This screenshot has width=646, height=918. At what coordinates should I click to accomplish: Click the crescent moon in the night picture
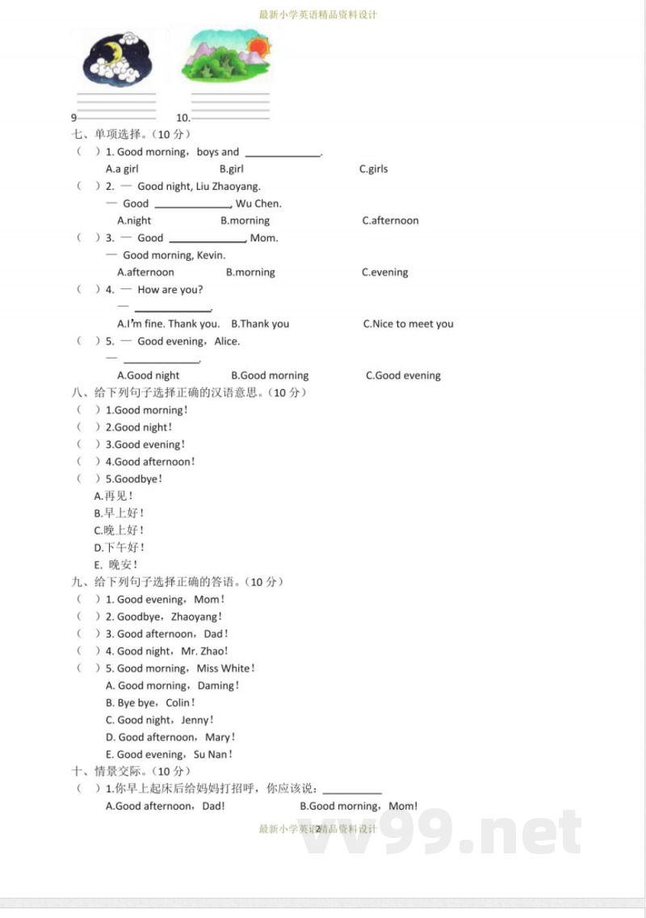point(114,55)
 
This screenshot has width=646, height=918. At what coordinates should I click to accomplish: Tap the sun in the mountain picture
point(258,46)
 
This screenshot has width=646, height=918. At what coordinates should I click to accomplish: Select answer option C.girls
point(373,169)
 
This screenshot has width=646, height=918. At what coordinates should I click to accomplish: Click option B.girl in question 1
point(231,169)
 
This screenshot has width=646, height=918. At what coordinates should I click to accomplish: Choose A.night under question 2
point(134,220)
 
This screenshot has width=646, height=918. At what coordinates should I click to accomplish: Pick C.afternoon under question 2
point(390,220)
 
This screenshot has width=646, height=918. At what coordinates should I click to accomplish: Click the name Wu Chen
point(258,203)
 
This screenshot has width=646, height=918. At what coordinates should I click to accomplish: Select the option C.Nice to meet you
point(408,324)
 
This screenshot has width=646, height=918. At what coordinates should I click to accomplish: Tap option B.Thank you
point(260,324)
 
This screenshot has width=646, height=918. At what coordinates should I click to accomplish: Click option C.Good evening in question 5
point(403,375)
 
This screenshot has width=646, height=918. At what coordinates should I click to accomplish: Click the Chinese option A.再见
point(114,496)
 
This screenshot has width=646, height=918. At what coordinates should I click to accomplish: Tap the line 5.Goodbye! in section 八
point(134,479)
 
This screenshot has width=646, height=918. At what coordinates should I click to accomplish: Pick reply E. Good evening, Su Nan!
point(169,755)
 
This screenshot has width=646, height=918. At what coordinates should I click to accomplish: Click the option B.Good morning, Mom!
point(359,806)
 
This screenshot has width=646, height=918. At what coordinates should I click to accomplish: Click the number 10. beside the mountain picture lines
point(182,118)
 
